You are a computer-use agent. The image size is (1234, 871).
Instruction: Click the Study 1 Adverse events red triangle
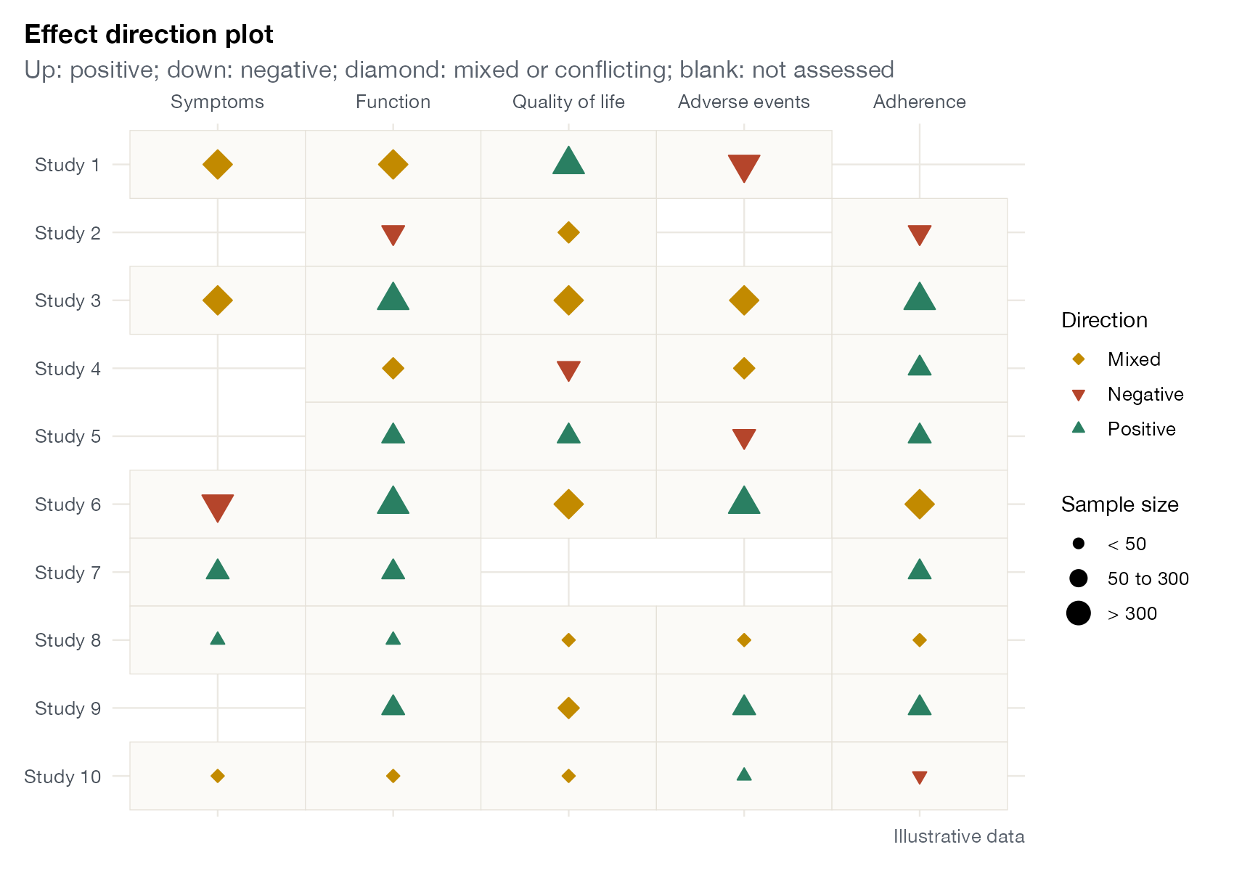[x=744, y=167]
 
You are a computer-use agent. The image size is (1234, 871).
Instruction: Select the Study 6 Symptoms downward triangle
[x=218, y=507]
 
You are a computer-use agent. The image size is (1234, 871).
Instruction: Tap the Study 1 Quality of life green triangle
[x=568, y=161]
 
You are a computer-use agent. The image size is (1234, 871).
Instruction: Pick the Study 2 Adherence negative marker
[x=920, y=234]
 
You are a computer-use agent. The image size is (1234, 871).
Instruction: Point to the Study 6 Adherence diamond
[x=920, y=504]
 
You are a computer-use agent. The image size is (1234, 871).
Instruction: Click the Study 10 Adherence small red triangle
[x=920, y=777]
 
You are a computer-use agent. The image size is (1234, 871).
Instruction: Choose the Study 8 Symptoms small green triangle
[x=218, y=639]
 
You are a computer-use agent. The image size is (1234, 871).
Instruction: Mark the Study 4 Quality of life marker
[x=568, y=370]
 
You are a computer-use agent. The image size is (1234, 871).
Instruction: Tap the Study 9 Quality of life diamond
[x=568, y=708]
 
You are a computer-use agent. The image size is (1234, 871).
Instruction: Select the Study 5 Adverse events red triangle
[x=744, y=438]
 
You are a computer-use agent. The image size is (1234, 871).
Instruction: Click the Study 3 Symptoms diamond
[x=218, y=300]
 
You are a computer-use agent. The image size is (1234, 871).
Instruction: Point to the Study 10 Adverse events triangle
[x=744, y=774]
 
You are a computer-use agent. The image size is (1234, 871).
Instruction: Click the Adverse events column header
[x=744, y=102]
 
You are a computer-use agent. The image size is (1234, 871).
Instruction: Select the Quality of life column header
[x=568, y=102]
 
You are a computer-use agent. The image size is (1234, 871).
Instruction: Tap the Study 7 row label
[x=68, y=573]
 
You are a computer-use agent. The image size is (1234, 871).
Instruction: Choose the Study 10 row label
[x=62, y=776]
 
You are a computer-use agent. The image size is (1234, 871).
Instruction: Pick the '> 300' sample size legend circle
[x=1078, y=613]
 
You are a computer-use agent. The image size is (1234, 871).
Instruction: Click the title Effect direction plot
[x=149, y=34]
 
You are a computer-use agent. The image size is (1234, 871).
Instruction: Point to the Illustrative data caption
[x=959, y=836]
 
